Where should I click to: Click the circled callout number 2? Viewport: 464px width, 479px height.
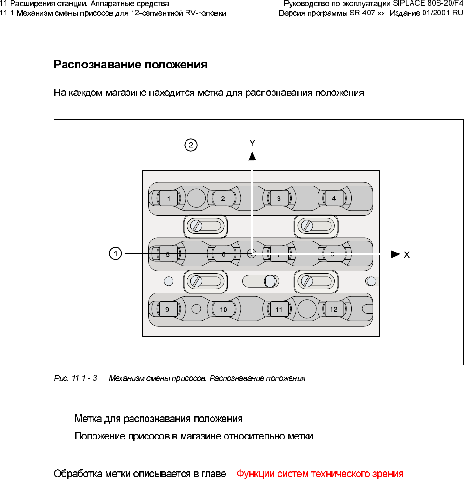coord(191,145)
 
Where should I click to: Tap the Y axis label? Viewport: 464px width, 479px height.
coord(252,143)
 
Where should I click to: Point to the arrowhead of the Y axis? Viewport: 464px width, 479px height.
coord(252,155)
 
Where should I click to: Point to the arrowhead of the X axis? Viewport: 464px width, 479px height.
coord(396,253)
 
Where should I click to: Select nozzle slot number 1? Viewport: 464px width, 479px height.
coord(169,198)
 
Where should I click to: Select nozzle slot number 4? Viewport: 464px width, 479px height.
coord(334,198)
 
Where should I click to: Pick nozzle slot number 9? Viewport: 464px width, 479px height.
coord(167,310)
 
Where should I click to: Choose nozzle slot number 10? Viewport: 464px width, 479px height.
coord(224,310)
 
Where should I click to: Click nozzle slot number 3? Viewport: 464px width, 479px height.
coord(278,198)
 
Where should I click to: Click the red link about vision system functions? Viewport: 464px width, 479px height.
coord(319,473)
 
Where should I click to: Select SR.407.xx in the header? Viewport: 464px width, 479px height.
coord(367,13)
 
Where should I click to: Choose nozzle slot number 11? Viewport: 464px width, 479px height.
coord(279,310)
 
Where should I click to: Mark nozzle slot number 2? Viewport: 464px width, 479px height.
coord(223,198)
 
